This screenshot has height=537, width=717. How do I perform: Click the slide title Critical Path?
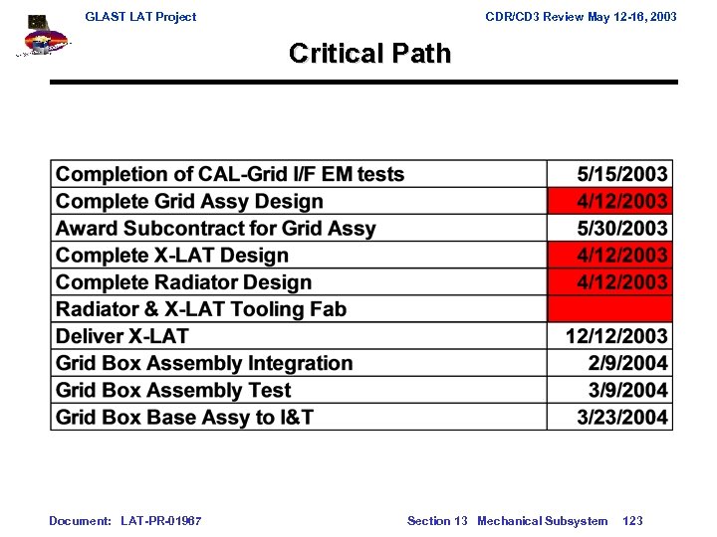pyautogui.click(x=369, y=54)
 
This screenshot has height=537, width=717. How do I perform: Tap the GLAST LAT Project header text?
pyautogui.click(x=140, y=17)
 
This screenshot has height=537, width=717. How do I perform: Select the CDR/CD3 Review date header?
pyautogui.click(x=581, y=17)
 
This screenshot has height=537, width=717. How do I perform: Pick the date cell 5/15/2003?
pyautogui.click(x=622, y=174)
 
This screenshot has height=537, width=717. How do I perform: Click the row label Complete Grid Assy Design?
pyautogui.click(x=189, y=201)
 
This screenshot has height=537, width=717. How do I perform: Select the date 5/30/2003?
pyautogui.click(x=622, y=229)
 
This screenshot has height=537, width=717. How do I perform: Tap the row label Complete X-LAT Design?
pyautogui.click(x=171, y=256)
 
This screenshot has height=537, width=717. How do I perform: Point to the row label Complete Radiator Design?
pyautogui.click(x=183, y=282)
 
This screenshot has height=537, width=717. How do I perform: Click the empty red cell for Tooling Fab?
pyautogui.click(x=609, y=309)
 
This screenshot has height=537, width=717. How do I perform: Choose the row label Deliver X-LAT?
pyautogui.click(x=121, y=336)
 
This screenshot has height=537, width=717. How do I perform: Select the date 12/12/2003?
pyautogui.click(x=616, y=336)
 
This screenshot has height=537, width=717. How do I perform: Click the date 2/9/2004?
pyautogui.click(x=627, y=363)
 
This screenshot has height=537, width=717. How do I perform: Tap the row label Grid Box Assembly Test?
pyautogui.click(x=173, y=390)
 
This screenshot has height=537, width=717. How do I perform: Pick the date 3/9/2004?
pyautogui.click(x=627, y=390)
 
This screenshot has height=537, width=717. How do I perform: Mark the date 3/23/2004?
pyautogui.click(x=622, y=417)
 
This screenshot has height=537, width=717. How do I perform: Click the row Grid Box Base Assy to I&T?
pyautogui.click(x=184, y=417)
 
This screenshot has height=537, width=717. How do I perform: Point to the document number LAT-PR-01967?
pyautogui.click(x=160, y=521)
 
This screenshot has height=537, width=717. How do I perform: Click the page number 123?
pyautogui.click(x=632, y=521)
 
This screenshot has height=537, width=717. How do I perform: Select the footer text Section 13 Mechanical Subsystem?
pyautogui.click(x=507, y=521)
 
